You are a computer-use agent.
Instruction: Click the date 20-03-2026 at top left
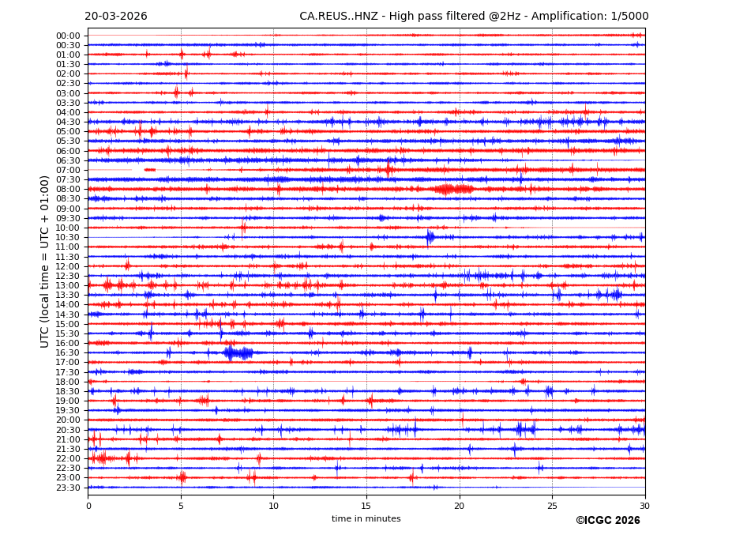115,17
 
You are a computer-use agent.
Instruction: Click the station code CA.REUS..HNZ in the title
338,17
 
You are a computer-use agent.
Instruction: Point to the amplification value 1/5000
629,17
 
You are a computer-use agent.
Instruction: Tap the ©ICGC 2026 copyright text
607,521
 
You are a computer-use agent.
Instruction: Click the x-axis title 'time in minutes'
366,519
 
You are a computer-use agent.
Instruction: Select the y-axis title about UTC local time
46,262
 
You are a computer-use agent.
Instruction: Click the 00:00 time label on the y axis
68,36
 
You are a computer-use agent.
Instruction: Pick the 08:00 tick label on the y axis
68,190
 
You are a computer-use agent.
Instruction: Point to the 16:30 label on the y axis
68,353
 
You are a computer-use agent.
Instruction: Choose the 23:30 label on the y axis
68,488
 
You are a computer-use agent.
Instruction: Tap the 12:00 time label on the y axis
68,266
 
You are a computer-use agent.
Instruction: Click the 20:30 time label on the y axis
68,430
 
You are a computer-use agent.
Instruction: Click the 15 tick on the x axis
366,506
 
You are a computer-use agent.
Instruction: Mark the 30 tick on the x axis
645,506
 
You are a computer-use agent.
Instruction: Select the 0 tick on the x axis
88,506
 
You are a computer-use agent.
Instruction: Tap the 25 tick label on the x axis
552,506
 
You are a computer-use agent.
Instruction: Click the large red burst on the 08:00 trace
453,189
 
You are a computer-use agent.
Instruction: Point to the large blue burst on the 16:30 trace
238,352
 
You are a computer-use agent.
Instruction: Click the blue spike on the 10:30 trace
430,237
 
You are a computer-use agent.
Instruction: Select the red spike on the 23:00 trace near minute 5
182,477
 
